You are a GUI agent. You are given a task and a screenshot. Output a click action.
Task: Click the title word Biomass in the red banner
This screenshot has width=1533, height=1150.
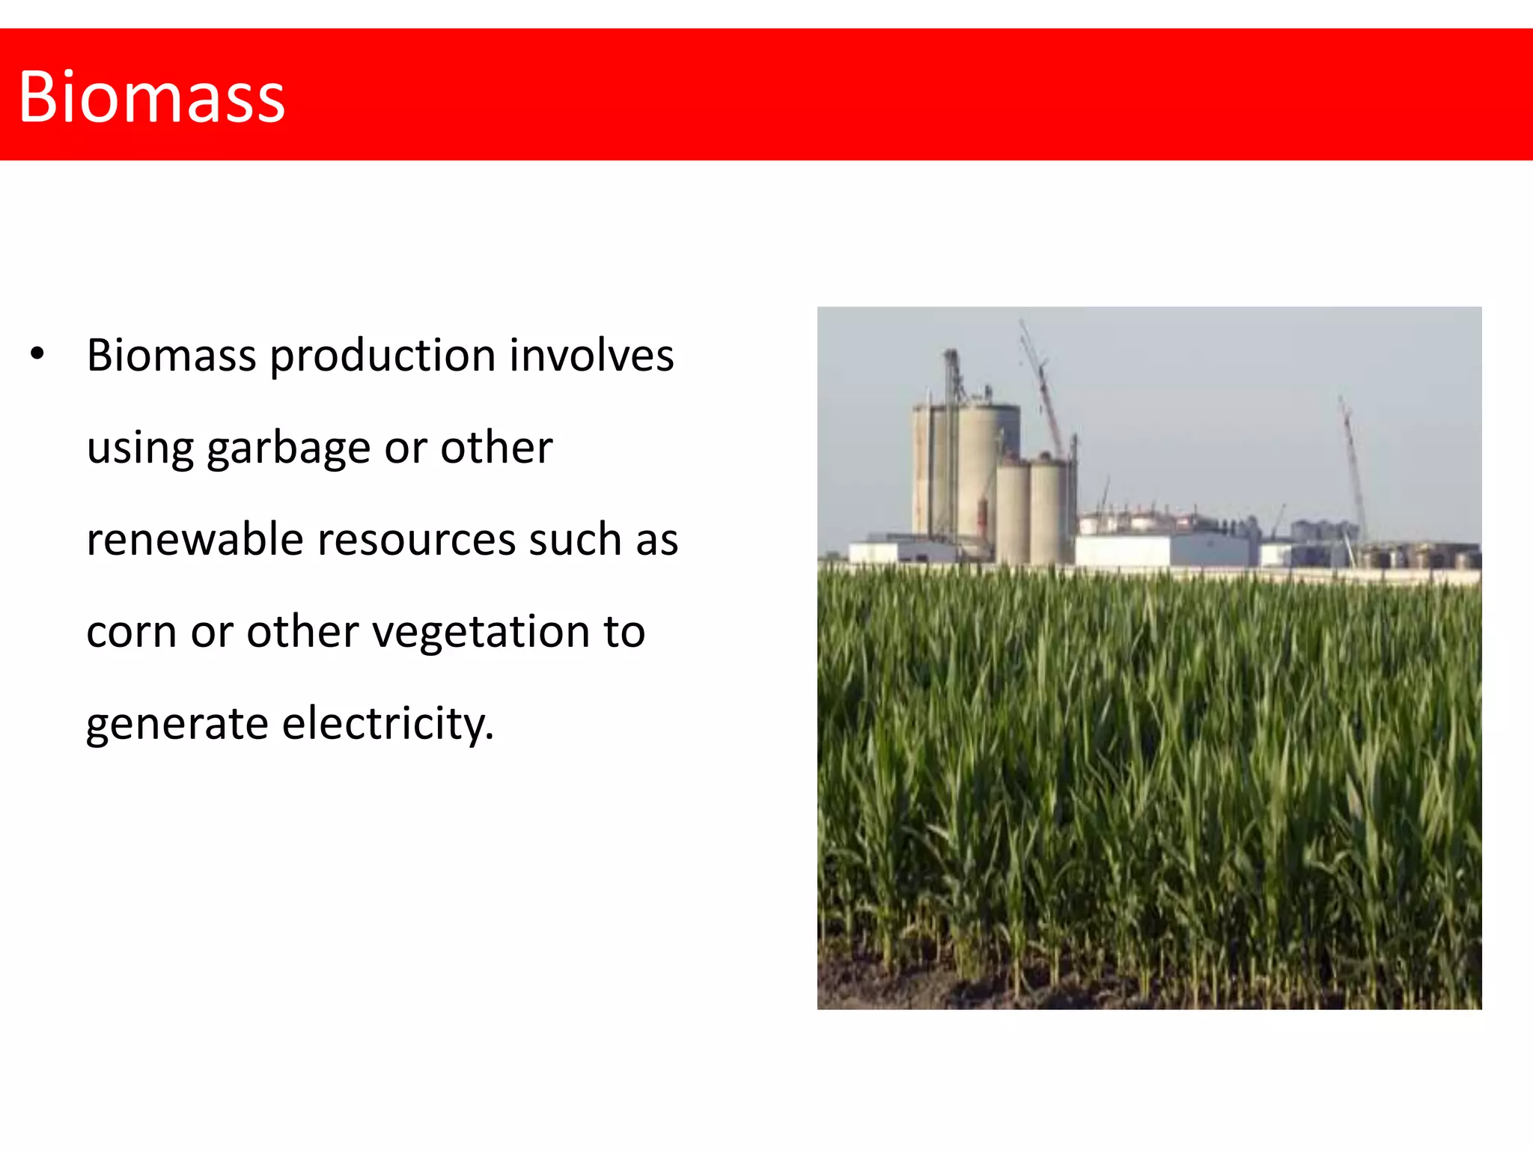152,97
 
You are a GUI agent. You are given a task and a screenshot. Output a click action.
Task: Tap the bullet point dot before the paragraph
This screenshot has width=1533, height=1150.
37,353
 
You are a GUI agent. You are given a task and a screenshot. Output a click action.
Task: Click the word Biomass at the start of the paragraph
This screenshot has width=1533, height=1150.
171,355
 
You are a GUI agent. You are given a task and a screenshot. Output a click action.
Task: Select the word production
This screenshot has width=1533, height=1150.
383,356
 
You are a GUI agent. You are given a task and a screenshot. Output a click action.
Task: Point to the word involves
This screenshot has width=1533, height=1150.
591,355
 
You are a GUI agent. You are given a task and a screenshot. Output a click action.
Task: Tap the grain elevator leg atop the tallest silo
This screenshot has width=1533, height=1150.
952,374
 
